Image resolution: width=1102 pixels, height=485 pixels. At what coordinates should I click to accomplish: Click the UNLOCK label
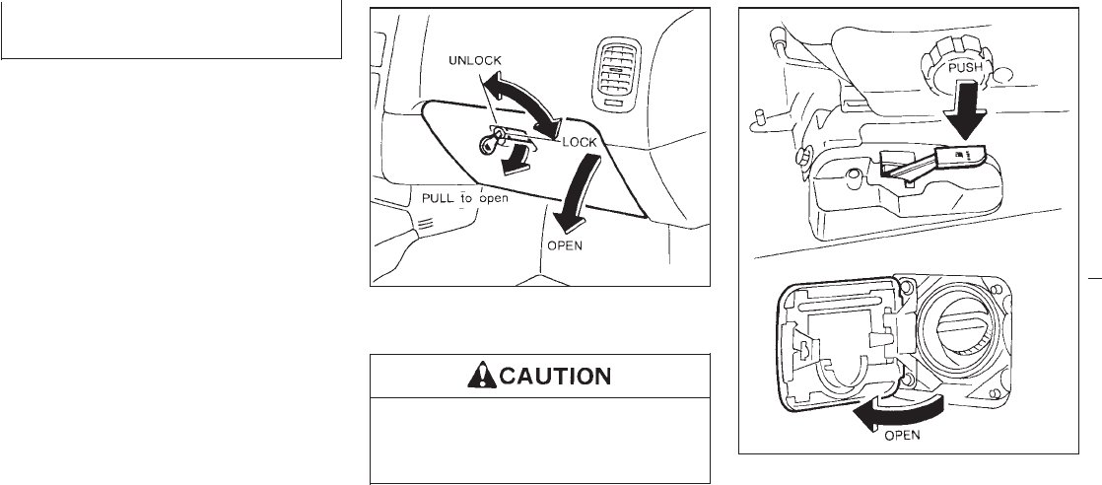coord(475,60)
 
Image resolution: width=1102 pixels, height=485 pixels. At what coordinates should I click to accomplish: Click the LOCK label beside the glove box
coord(580,142)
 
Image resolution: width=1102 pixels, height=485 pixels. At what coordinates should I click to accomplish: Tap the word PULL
coord(438,198)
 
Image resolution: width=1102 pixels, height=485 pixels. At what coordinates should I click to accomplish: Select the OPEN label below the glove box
coord(565,246)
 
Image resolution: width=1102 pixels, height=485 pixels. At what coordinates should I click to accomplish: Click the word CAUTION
coord(555,376)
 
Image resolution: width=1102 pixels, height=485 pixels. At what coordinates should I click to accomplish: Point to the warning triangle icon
coord(481,376)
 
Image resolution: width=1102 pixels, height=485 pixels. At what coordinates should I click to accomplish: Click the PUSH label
coord(966,69)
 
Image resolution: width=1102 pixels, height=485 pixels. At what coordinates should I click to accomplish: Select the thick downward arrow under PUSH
coord(967,109)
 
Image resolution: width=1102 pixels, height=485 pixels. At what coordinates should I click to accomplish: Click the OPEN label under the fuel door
coord(902,435)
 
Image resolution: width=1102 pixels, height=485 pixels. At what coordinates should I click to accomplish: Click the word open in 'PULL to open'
coord(494,199)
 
